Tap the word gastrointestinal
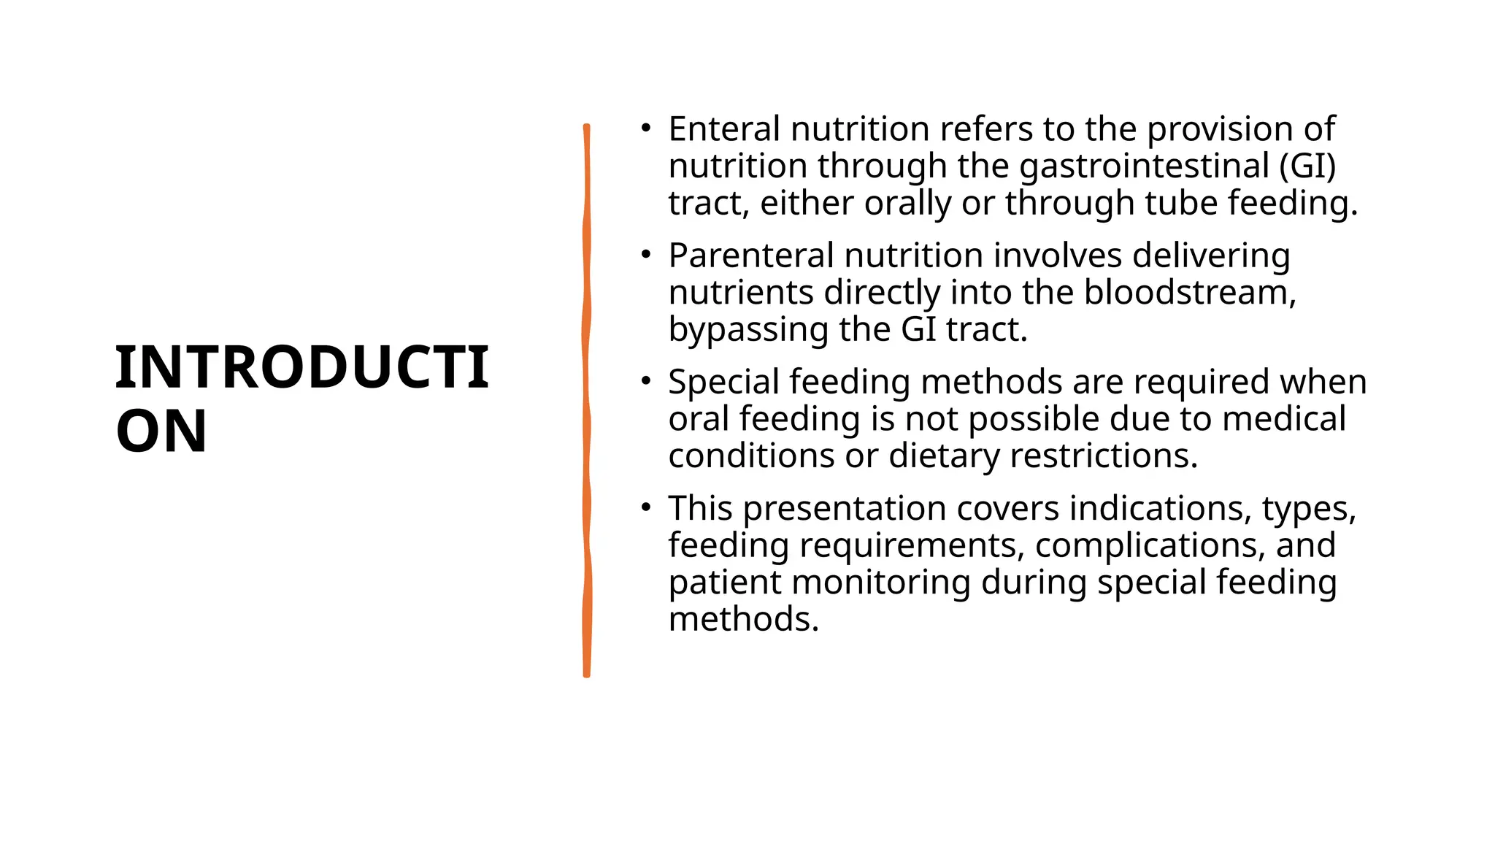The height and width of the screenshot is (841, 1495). point(1144,166)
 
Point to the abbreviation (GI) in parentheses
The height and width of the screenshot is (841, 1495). point(1307,166)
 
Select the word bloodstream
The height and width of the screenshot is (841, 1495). point(1189,293)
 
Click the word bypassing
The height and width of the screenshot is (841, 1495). point(748,330)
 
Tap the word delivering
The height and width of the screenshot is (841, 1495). point(1211,256)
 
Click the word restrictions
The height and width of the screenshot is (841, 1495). point(1104,456)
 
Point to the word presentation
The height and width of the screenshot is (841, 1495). point(845,509)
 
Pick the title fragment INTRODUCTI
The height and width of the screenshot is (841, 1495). point(301,367)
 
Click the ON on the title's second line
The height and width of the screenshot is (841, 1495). point(161,431)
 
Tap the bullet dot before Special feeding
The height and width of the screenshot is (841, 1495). point(645,381)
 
